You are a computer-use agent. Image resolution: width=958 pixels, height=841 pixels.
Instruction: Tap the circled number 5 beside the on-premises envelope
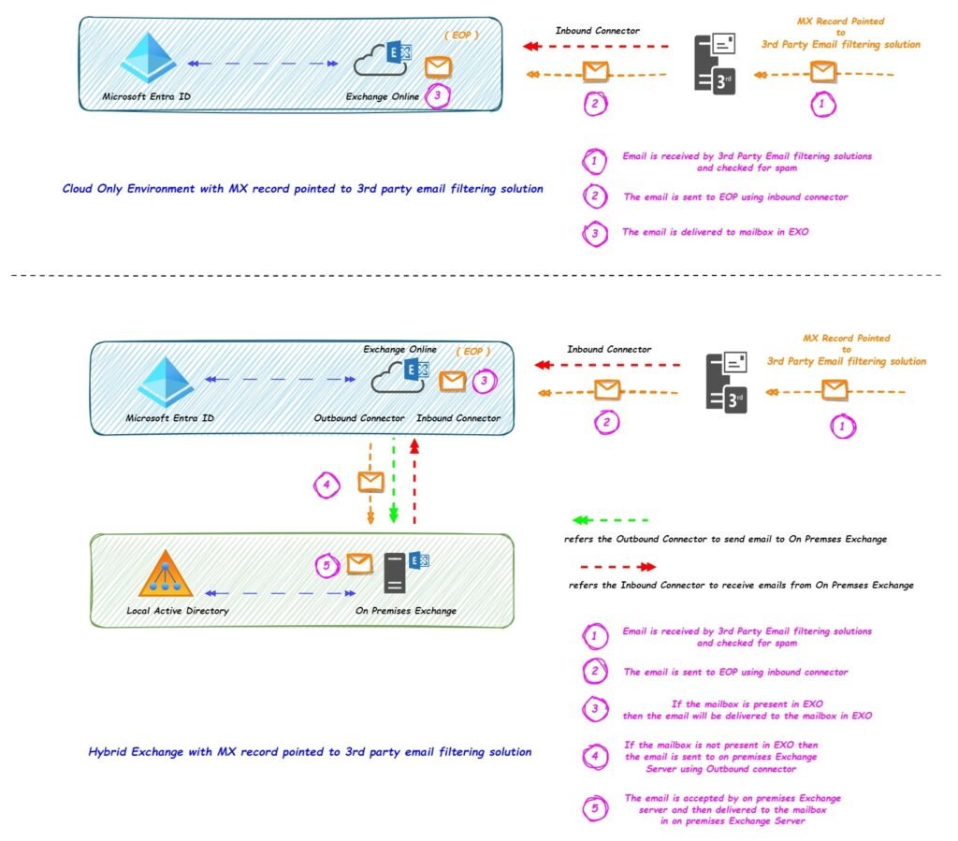click(x=327, y=566)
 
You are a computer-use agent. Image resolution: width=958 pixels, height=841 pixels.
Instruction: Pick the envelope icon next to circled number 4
click(x=371, y=483)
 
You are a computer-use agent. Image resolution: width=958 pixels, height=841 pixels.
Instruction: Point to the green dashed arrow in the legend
click(x=609, y=519)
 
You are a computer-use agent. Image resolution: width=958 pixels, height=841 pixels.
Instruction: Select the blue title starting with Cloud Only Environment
click(x=302, y=189)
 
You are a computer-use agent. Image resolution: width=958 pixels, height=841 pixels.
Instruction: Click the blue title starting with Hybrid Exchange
click(x=309, y=751)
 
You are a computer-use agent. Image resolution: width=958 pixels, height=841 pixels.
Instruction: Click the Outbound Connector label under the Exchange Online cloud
click(x=359, y=418)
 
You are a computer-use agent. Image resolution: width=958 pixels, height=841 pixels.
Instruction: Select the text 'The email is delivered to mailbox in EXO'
click(x=715, y=232)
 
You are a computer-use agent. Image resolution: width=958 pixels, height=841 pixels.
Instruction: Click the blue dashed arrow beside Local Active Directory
click(x=281, y=592)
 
